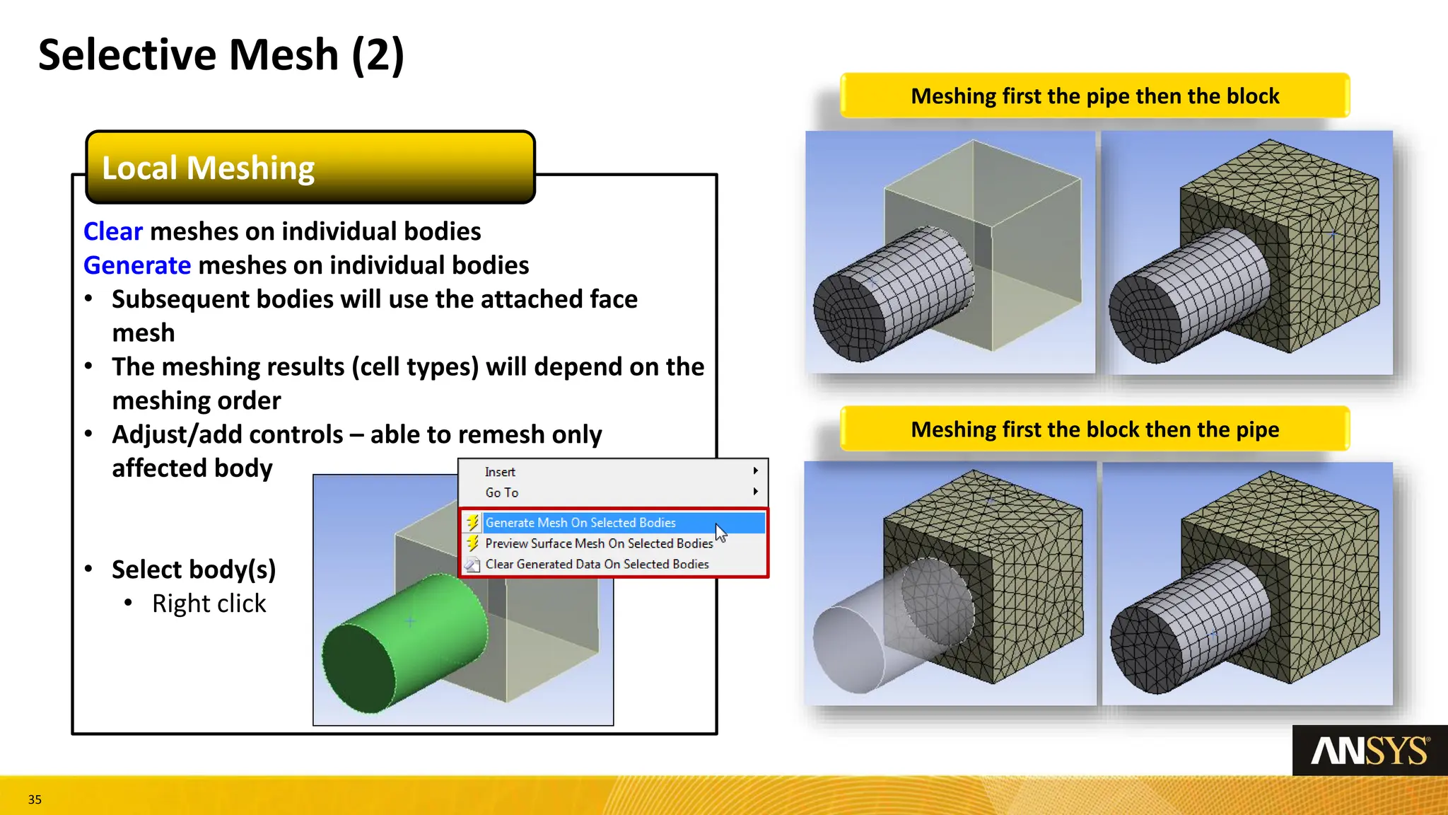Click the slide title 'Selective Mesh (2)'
(x=221, y=55)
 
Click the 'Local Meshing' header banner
(x=310, y=168)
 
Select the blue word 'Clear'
(x=113, y=231)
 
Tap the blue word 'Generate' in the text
(x=137, y=265)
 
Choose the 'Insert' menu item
(x=500, y=472)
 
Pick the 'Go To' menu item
(x=501, y=492)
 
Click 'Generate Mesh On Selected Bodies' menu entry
(x=580, y=523)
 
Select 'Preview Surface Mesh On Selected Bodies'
(x=598, y=543)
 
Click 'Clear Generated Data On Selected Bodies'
(x=597, y=564)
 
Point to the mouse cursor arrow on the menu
(x=720, y=532)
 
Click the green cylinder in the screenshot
(x=403, y=640)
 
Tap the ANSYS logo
(x=1370, y=751)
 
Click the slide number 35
(x=35, y=799)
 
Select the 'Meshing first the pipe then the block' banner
(x=1094, y=96)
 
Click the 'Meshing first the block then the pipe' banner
(x=1094, y=429)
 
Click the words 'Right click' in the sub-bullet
(x=209, y=603)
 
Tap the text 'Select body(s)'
(x=193, y=570)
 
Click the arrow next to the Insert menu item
(x=755, y=471)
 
